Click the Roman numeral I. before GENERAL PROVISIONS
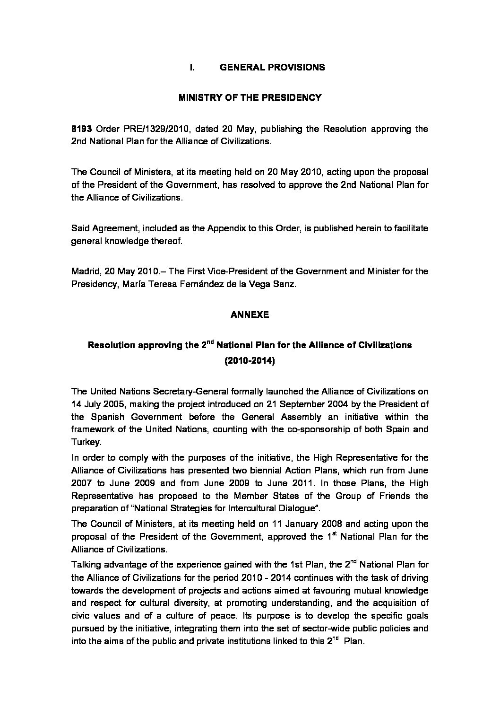point(192,67)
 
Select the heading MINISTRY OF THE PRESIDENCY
point(250,98)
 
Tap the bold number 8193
point(81,129)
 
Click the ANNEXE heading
point(250,315)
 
